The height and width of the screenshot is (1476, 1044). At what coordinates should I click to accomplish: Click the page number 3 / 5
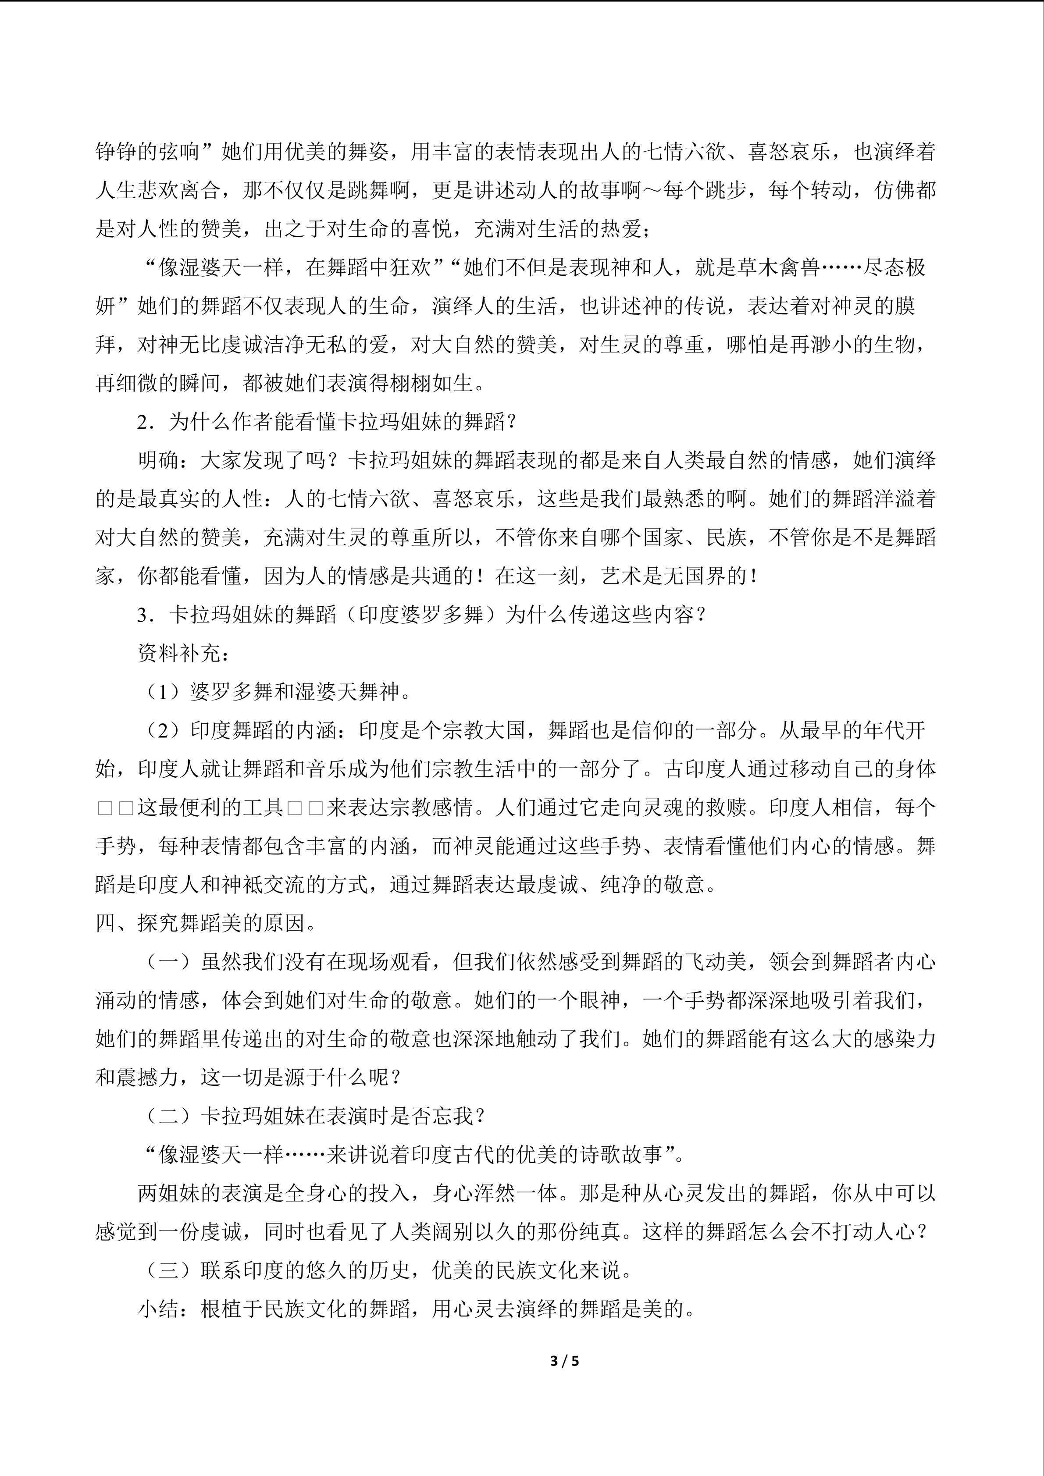point(565,1361)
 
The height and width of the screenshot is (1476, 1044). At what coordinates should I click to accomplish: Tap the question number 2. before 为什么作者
point(146,422)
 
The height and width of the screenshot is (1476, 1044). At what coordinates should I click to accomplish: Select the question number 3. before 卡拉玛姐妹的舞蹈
point(146,615)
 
